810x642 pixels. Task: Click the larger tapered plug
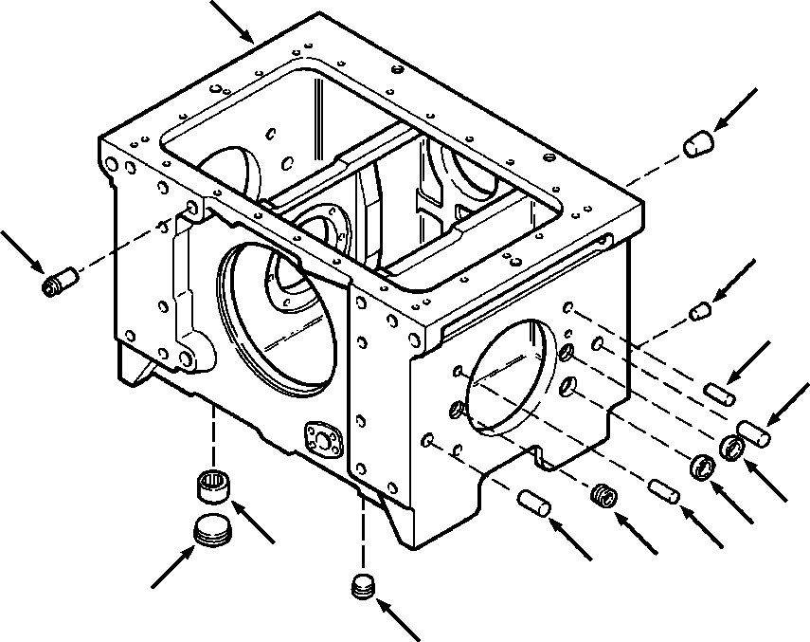(x=697, y=145)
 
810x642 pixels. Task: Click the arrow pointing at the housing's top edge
(x=233, y=23)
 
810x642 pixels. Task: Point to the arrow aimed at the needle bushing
(x=253, y=524)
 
